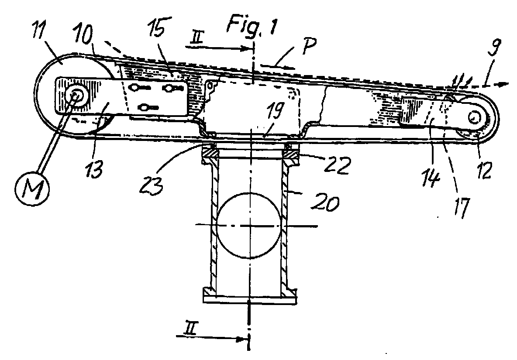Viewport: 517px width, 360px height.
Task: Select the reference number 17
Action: [x=461, y=207]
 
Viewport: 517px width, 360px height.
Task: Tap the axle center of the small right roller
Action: [x=475, y=117]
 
